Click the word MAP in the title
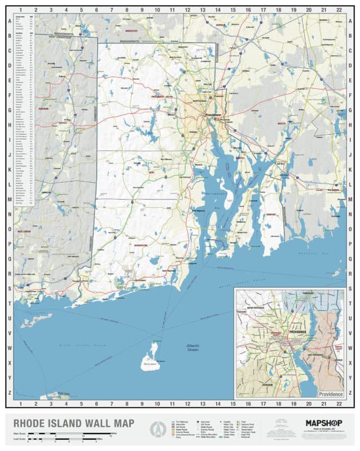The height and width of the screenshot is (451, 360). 121,423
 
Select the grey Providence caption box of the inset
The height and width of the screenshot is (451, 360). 330,394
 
